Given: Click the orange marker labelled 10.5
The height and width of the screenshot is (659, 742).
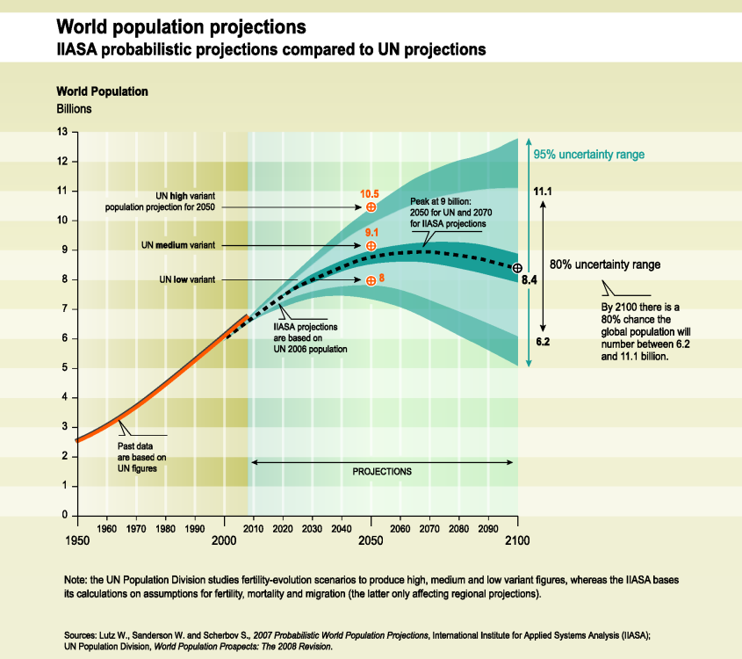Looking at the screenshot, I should [x=371, y=206].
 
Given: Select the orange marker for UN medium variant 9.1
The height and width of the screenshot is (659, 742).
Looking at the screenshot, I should [x=371, y=245].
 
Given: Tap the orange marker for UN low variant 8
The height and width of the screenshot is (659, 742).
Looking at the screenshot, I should [x=371, y=280].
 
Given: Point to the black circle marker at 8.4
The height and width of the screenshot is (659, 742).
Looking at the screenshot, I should [x=517, y=268].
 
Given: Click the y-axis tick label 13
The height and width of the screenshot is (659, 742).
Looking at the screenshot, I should [x=62, y=133].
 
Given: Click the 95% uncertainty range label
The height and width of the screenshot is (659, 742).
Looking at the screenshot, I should [x=588, y=155].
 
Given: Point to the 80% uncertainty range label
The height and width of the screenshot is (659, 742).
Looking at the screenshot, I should [x=604, y=264].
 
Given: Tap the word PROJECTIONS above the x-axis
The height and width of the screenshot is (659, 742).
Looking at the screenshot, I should [x=382, y=471].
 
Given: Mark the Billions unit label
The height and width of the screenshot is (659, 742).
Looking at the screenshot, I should [x=75, y=109].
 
